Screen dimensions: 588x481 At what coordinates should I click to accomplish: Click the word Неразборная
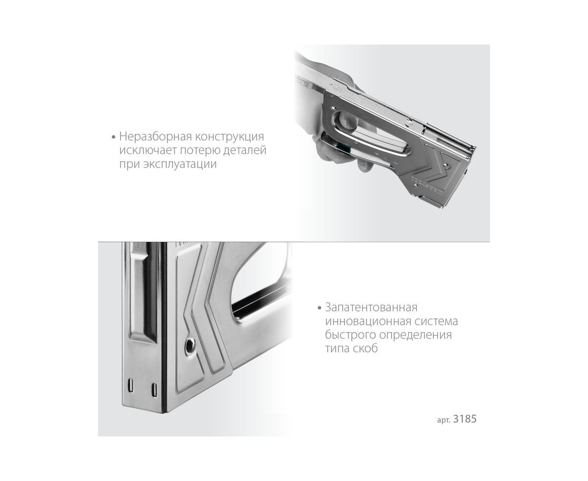tap(155, 137)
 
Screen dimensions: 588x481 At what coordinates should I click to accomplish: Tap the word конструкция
tap(229, 137)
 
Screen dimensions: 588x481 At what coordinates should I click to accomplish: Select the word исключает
tap(147, 150)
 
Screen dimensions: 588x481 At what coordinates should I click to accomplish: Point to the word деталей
tap(245, 151)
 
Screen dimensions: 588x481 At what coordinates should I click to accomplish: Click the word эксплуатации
tap(180, 164)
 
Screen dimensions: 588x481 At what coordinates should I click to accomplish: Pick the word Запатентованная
tap(371, 308)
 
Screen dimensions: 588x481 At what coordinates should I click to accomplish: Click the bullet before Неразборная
tap(113, 137)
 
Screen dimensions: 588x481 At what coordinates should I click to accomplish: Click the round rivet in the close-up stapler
tap(190, 345)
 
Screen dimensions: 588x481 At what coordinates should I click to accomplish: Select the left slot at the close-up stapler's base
tap(130, 385)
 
